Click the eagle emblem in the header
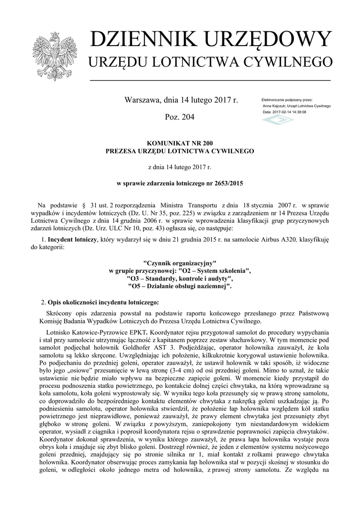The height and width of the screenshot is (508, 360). [53, 56]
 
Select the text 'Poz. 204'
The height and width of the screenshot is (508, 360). [180, 117]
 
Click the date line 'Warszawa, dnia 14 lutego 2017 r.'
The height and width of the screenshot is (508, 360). [181, 100]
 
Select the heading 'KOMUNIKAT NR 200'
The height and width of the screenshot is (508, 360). [180, 143]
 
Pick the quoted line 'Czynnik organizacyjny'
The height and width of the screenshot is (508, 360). [180, 263]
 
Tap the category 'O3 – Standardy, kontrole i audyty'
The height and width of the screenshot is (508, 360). [180, 279]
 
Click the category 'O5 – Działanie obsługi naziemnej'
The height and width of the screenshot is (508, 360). [180, 286]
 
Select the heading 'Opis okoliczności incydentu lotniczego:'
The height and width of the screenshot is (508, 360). [102, 302]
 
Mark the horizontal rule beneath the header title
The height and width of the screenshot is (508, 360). [209, 80]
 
